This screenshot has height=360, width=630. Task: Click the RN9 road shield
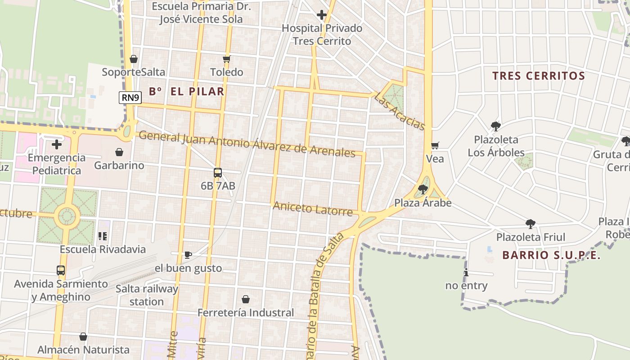tap(130, 98)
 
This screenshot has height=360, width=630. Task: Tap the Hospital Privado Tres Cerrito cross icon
tap(321, 15)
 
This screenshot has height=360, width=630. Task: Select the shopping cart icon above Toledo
tap(227, 59)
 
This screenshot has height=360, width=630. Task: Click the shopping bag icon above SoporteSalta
tap(133, 59)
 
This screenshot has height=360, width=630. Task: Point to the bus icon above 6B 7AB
tap(218, 172)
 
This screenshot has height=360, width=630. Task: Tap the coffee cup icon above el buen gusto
tap(188, 255)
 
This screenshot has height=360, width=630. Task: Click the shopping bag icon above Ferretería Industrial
tap(246, 299)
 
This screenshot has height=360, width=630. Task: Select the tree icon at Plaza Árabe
tap(423, 189)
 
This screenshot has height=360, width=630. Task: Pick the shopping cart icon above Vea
tap(435, 145)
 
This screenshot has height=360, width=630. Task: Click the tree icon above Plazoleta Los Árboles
tap(496, 126)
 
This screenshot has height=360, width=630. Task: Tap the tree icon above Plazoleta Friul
tap(531, 224)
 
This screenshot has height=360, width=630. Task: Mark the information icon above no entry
tap(466, 272)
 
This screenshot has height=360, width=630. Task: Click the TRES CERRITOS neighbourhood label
tap(538, 76)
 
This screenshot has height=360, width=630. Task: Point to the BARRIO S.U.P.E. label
tap(551, 255)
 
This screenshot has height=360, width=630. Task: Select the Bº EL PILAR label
tap(186, 91)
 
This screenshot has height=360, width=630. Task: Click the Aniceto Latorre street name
tap(313, 208)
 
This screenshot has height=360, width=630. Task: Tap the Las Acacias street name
tap(400, 112)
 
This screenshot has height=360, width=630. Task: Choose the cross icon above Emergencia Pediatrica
tap(57, 144)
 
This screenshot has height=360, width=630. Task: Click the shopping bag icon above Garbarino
tap(119, 152)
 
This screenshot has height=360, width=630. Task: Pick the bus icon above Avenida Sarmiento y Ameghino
tap(61, 270)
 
